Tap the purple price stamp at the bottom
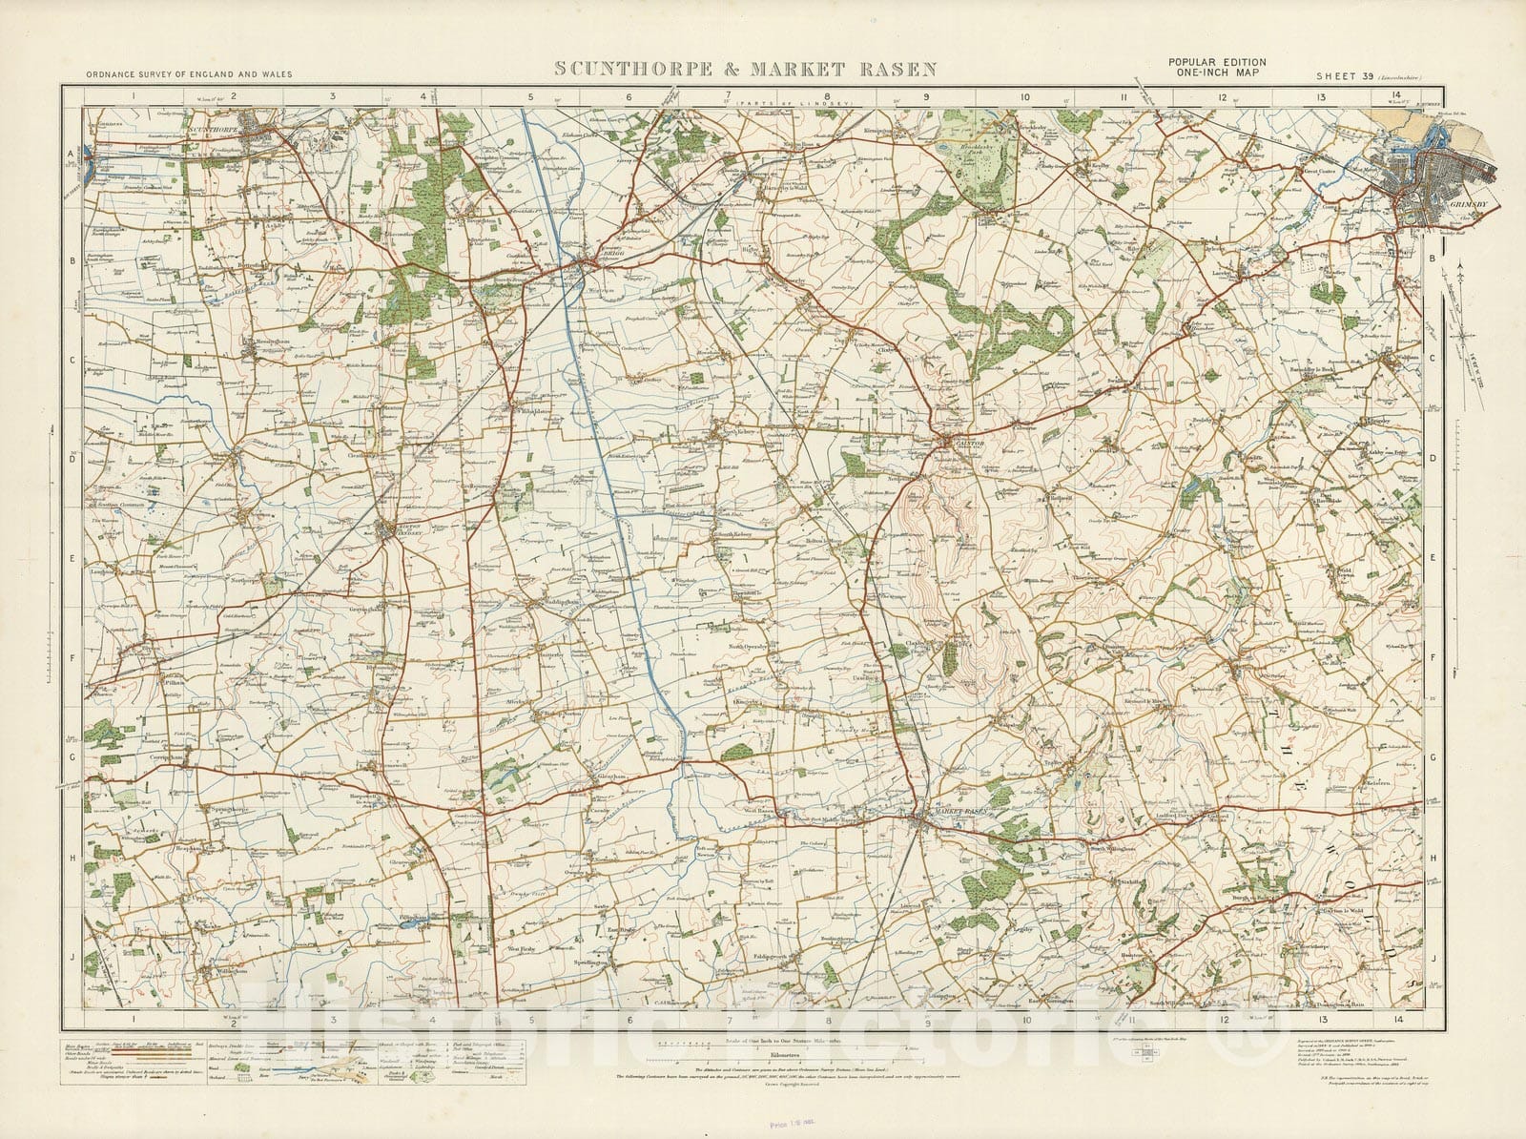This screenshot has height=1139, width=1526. tap(739, 1121)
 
